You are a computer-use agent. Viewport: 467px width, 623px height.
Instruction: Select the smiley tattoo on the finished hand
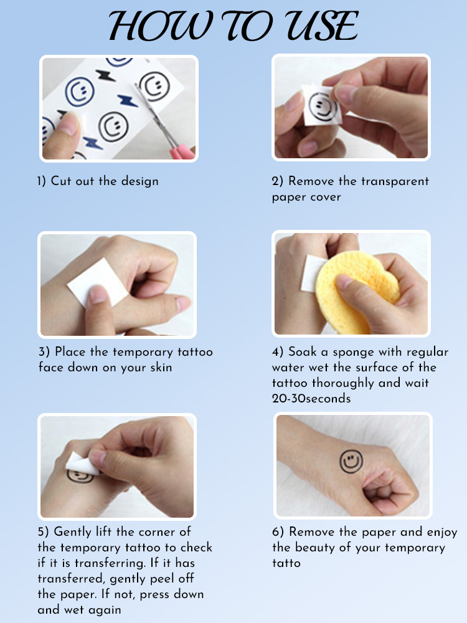[351, 461]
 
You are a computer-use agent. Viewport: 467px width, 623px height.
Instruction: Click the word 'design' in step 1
[139, 181]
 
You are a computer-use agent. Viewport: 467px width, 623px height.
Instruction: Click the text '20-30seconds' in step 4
[311, 399]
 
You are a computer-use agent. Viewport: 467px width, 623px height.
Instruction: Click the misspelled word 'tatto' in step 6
[286, 563]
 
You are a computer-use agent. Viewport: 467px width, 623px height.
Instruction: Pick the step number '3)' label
[44, 352]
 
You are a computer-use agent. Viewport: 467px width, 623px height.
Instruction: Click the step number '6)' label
[278, 532]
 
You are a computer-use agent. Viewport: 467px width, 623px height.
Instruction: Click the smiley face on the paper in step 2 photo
[323, 107]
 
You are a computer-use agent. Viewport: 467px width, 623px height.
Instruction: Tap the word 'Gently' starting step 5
[73, 533]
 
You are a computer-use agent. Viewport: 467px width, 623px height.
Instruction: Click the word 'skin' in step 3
[161, 368]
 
